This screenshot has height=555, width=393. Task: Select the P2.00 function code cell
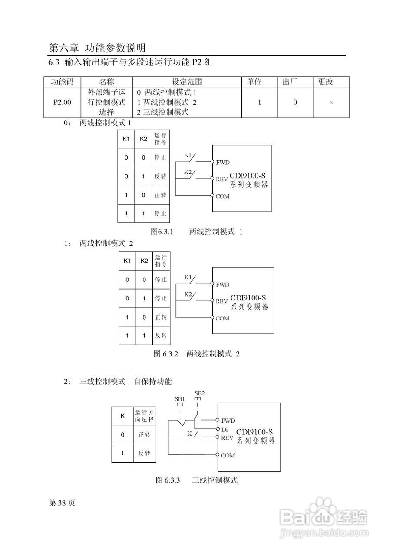point(63,102)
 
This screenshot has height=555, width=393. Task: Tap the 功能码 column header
point(63,82)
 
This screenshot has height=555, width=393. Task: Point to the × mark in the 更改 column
point(331,103)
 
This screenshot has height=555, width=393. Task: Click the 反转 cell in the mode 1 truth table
point(160,176)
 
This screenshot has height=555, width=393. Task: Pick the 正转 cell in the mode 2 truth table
point(161,317)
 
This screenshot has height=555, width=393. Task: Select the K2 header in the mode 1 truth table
point(143,139)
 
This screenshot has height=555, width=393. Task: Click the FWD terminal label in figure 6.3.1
point(222,163)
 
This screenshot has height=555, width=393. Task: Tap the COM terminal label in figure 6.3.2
point(222,318)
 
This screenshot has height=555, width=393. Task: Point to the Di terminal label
point(225,429)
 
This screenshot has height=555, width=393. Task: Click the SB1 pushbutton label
point(180,399)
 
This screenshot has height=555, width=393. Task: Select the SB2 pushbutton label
point(199,393)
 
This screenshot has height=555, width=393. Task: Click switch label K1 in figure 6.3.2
point(188,277)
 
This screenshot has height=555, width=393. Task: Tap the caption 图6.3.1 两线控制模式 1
point(196,232)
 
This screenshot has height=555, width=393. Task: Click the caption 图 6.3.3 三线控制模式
point(197,480)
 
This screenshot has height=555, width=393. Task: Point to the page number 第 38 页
point(62,503)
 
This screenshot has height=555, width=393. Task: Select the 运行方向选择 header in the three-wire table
point(144,416)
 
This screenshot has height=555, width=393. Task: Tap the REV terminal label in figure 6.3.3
point(228,438)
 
